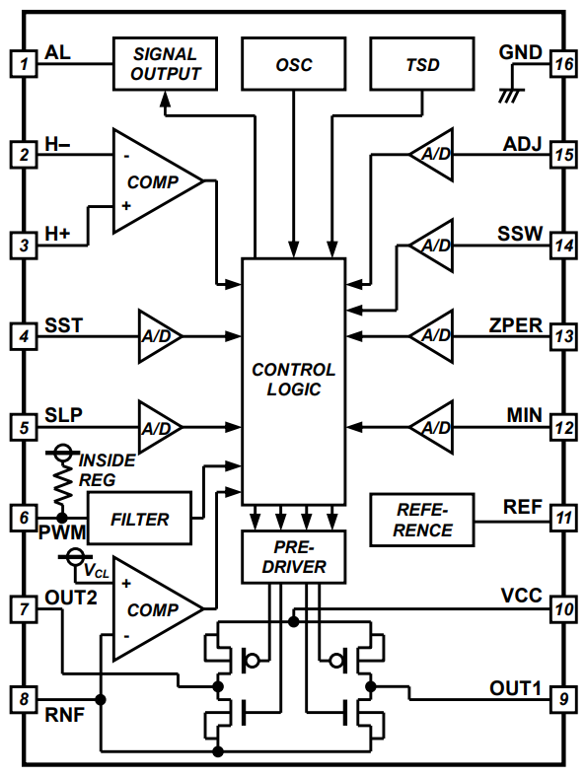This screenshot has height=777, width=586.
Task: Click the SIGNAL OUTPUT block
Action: [166, 63]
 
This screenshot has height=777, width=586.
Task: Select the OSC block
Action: [294, 64]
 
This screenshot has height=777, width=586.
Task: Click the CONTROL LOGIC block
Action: [294, 380]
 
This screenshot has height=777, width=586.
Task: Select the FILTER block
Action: [139, 519]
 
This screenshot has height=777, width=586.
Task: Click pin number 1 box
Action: [22, 64]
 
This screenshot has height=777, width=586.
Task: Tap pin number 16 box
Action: [563, 64]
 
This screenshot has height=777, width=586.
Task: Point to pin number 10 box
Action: [563, 608]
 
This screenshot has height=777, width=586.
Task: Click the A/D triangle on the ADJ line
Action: [432, 155]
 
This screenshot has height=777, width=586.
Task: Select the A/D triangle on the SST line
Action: [158, 336]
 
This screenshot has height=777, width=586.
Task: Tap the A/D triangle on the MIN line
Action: [432, 427]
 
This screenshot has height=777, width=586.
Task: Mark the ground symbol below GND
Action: [510, 95]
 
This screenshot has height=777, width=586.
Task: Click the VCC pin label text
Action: [521, 596]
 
